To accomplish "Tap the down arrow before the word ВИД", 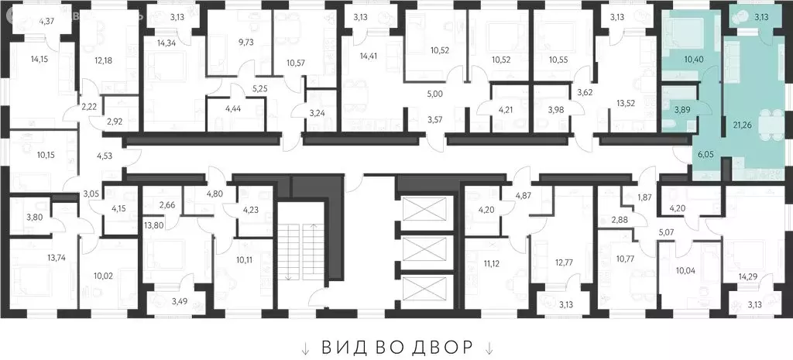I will tap(306, 347).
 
